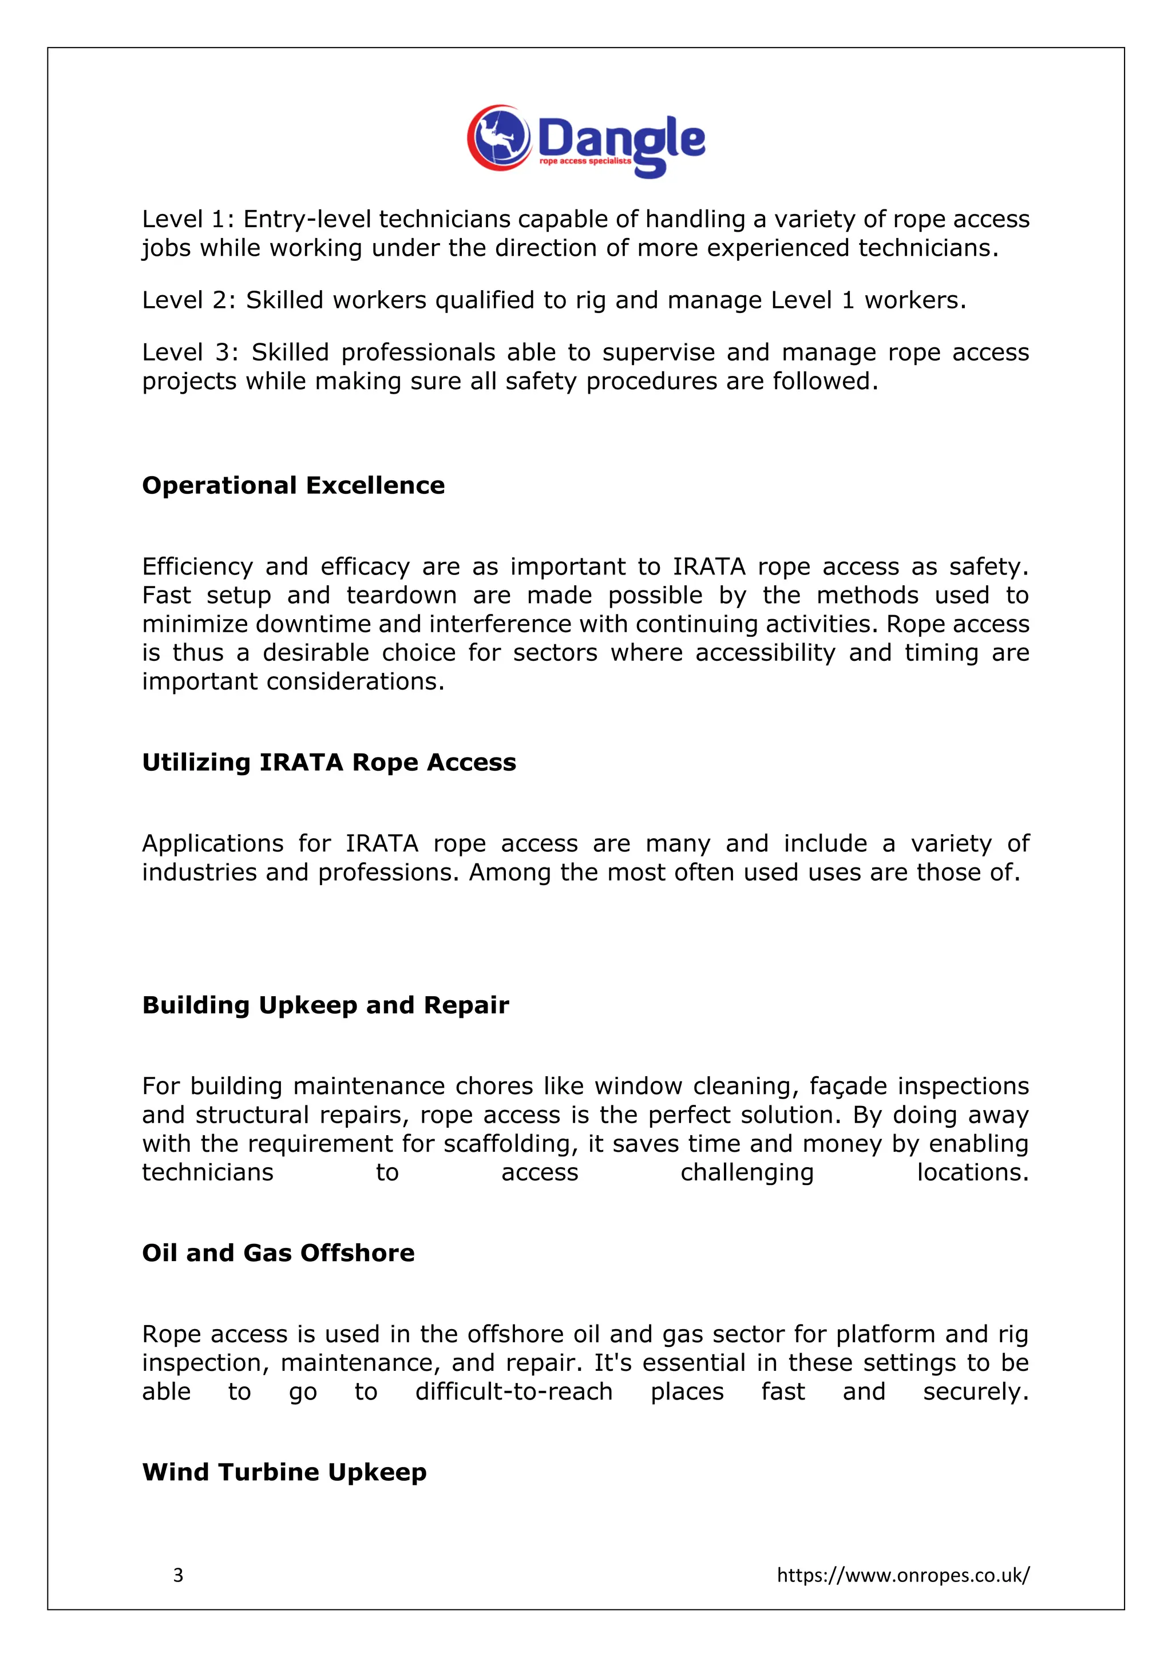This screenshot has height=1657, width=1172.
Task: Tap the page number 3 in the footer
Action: (x=178, y=1575)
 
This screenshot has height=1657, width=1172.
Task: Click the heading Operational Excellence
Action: (x=293, y=485)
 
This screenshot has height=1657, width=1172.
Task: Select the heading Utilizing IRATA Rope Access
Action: (x=329, y=762)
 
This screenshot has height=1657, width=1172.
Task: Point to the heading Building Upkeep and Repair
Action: (x=326, y=1005)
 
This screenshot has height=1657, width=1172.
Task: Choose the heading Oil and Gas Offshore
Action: (x=279, y=1253)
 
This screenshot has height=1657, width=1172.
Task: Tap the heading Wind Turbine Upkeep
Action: (x=284, y=1472)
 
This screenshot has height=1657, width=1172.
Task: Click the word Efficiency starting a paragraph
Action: (x=197, y=566)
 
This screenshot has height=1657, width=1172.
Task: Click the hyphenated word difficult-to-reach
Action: (x=514, y=1392)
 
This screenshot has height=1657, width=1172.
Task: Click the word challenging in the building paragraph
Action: (x=747, y=1173)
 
